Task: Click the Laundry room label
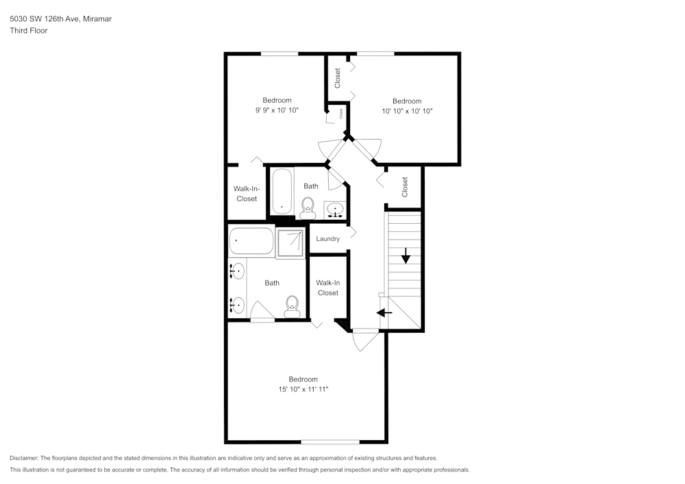[x=328, y=239]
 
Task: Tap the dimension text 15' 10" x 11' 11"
[x=303, y=389]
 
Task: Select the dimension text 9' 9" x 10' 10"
[x=277, y=110]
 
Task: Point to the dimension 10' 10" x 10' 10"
[x=407, y=111]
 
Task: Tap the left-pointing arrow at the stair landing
[x=384, y=312]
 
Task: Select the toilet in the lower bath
[x=292, y=304]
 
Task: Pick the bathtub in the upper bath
[x=282, y=192]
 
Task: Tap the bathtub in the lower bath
[x=251, y=241]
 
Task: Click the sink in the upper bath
[x=335, y=209]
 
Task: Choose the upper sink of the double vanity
[x=236, y=272]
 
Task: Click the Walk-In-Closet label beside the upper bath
[x=247, y=194]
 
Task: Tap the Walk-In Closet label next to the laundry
[x=328, y=288]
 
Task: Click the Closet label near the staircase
[x=405, y=186]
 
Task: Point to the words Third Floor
[x=29, y=30]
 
